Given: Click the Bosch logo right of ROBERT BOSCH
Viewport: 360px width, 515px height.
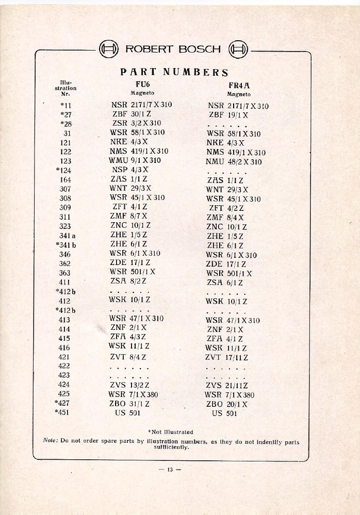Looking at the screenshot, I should (238, 50).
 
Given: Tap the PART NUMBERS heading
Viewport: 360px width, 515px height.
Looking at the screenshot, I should (174, 72).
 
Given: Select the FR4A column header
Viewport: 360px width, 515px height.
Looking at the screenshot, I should (239, 86).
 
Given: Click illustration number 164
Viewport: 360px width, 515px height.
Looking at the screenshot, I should (65, 179).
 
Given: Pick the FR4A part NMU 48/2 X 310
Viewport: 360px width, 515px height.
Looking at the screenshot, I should (234, 162).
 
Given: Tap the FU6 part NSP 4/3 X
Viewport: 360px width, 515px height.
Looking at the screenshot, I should (130, 170).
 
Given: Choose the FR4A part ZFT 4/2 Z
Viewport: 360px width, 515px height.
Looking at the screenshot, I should (226, 208).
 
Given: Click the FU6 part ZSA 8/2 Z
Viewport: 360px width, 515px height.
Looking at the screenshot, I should (128, 281).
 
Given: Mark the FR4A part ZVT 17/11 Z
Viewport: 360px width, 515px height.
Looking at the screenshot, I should (226, 357).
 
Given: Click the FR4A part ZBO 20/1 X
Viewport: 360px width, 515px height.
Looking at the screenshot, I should (226, 405).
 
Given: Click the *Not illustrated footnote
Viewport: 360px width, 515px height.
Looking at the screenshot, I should (170, 431).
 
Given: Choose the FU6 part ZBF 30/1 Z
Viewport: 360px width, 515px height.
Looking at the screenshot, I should (130, 114).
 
